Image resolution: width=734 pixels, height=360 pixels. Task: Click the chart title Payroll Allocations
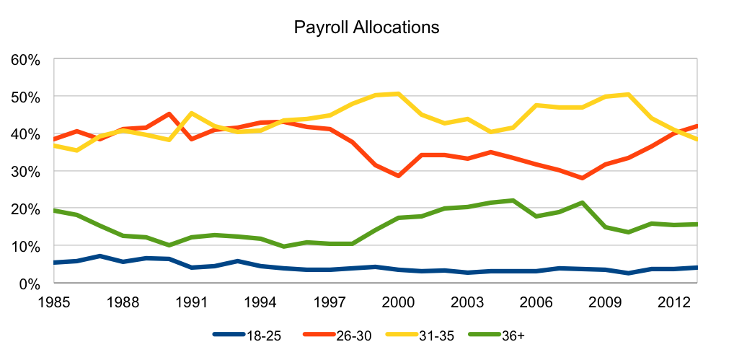[x=366, y=28]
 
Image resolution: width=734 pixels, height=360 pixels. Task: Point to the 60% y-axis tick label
[x=25, y=59]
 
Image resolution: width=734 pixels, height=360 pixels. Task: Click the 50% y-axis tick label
[x=25, y=97]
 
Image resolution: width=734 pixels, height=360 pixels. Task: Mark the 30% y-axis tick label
[x=25, y=172]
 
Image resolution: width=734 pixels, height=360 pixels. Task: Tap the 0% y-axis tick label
[x=29, y=284]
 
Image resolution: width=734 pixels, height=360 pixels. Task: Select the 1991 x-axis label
[x=192, y=299]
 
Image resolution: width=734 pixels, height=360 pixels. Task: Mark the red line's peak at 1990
[x=169, y=114]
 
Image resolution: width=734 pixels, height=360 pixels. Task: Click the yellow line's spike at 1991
[x=192, y=113]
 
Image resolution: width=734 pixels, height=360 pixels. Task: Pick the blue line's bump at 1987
[x=100, y=256]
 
